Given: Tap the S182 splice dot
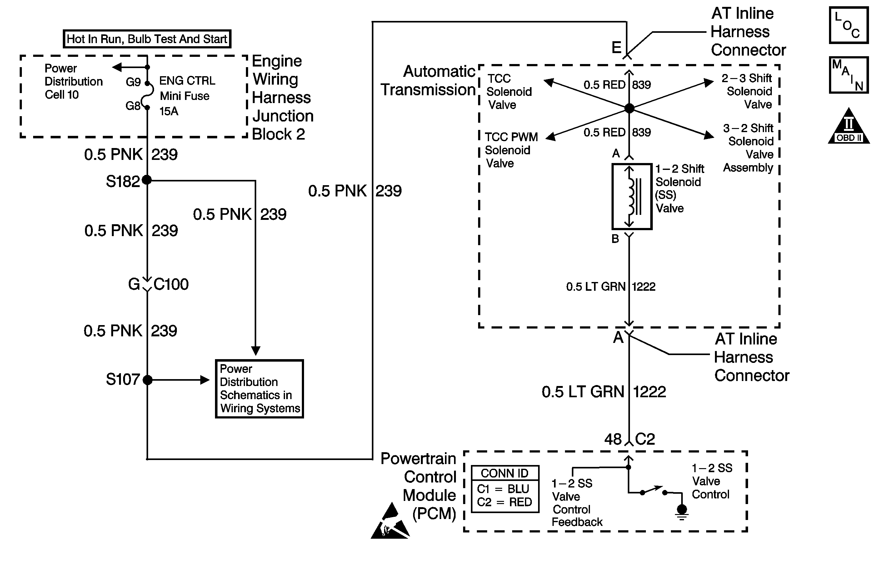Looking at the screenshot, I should [147, 180].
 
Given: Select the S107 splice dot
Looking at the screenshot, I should [147, 380].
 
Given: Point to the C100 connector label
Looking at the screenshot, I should [171, 285].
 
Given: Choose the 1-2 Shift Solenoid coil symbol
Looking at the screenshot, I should [632, 196].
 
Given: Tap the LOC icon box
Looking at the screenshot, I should [849, 25].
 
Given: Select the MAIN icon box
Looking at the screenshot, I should [849, 75].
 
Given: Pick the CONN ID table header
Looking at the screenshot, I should [505, 473].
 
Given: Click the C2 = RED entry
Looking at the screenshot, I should [505, 502].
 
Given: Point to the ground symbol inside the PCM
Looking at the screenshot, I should [682, 512].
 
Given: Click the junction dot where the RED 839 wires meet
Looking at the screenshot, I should [629, 108].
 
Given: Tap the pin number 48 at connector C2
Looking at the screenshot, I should [613, 439].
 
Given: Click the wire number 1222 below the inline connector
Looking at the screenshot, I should [649, 392].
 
